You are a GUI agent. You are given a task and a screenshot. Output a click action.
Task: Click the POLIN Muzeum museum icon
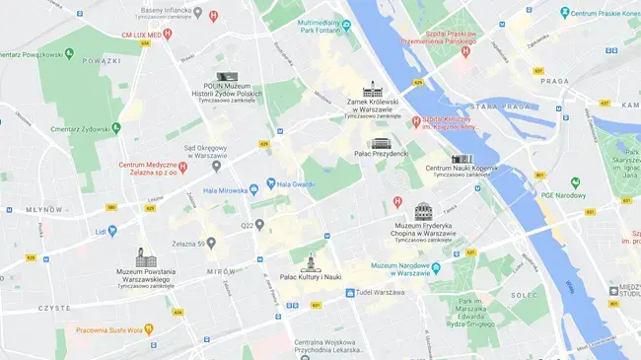[226, 76]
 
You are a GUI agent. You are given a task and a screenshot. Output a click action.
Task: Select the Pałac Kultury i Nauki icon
[311, 263]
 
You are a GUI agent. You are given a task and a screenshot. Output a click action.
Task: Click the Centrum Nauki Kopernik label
[462, 169]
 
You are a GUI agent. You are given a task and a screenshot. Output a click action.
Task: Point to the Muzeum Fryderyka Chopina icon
[423, 212]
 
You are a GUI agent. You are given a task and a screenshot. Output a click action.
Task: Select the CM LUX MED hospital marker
[168, 34]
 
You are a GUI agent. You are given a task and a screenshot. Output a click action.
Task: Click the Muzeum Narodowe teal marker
[436, 266]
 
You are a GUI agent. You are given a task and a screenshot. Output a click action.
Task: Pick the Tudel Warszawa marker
[349, 293]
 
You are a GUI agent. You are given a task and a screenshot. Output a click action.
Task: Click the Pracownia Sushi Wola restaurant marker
[148, 329]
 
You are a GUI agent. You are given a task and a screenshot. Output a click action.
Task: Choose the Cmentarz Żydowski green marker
[116, 127]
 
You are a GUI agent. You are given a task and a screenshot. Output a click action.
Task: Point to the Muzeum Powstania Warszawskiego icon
[142, 257]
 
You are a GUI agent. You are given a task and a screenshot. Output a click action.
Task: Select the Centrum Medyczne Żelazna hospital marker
[182, 168]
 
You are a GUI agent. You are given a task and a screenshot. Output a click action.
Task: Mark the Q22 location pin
[259, 224]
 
